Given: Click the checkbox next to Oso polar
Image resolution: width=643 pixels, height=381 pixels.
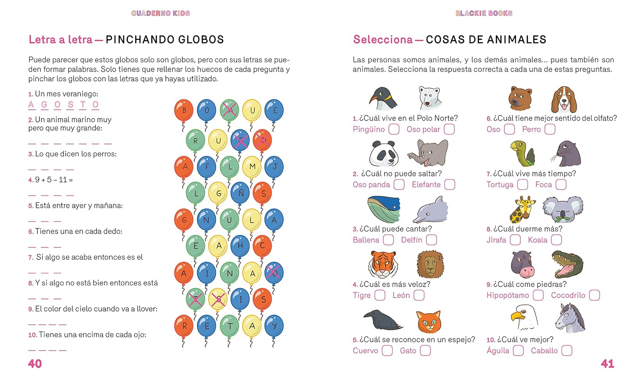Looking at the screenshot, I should tap(449, 129).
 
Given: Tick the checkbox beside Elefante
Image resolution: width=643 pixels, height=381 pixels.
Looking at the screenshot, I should tap(450, 184).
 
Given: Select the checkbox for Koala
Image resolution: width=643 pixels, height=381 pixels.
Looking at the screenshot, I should tap(556, 240).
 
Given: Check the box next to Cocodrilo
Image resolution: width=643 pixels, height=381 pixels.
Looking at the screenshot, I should tap(594, 295).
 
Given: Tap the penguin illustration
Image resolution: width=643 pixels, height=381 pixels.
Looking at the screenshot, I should tap(383, 98).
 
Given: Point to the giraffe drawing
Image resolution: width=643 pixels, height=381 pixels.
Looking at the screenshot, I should tap(523, 210).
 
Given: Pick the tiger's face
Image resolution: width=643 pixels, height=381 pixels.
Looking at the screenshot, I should tap(382, 264).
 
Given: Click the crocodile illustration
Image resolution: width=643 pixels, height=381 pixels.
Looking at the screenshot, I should tap(567, 265).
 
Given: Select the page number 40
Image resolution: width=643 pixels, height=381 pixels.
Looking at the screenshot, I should tap(35, 364).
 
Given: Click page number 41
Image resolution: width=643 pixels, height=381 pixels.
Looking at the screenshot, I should tap(607, 364).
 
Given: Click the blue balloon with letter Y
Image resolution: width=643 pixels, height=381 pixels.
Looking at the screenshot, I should tap(274, 326).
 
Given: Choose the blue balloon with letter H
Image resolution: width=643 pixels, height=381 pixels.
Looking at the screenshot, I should tap(240, 246).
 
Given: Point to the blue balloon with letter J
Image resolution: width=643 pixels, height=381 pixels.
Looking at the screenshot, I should tap(274, 166).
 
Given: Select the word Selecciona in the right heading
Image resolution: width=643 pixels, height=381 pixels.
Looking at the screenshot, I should tap(383, 40).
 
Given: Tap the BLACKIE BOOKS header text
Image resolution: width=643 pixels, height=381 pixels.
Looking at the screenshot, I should tap(484, 13).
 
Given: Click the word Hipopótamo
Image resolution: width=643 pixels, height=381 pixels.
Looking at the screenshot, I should tap(508, 295).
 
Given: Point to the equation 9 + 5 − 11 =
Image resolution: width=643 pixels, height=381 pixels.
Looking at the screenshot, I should tap(54, 180).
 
